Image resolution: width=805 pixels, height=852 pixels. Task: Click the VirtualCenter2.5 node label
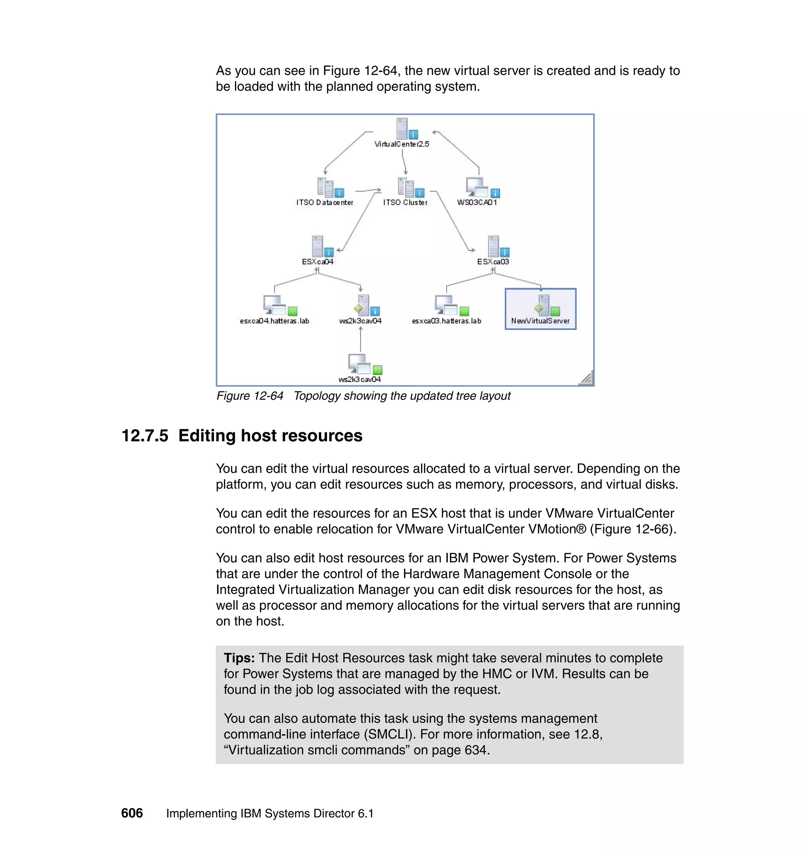pos(401,144)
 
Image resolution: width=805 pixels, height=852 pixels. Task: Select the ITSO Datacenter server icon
pos(325,187)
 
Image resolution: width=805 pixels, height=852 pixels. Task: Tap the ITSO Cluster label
pos(405,202)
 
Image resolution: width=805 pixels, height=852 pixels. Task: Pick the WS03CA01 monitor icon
pos(477,187)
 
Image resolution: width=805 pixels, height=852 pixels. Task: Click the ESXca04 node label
pos(317,262)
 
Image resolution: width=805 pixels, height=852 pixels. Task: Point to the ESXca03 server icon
pos(493,246)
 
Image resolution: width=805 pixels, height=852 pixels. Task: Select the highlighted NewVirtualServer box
pos(540,309)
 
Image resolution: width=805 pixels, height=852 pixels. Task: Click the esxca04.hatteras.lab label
pos(274,321)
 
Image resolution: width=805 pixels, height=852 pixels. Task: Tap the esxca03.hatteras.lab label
pos(446,321)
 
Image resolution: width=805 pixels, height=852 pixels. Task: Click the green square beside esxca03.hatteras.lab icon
pos(464,310)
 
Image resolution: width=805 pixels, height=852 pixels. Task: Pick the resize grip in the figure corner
pos(586,378)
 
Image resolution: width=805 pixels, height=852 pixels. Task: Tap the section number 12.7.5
pos(145,436)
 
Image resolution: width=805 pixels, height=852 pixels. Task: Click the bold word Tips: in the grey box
pos(239,658)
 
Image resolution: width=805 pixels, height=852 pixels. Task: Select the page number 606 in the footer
pos(132,813)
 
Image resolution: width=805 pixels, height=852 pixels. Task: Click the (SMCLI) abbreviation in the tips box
pos(390,734)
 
